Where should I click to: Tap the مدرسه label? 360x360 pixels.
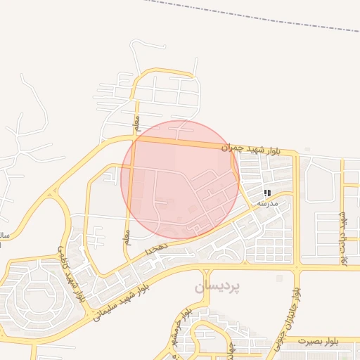point(267,203)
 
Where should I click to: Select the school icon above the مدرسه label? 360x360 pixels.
point(267,192)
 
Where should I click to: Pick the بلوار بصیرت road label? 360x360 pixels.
point(318,341)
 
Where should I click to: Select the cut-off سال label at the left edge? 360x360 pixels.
point(4,235)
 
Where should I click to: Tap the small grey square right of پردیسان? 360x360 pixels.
point(279,278)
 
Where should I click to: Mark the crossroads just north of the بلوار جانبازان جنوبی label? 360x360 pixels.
point(297,267)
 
